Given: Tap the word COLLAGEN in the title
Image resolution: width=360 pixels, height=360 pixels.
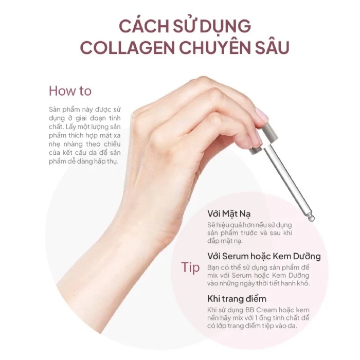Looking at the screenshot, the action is (127, 48).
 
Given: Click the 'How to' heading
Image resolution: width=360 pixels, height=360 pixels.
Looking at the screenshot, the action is (70, 91).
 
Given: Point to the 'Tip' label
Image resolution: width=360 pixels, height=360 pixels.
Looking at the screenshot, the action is (190, 267).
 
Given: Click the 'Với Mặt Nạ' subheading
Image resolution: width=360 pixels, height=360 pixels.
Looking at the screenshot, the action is (229, 214).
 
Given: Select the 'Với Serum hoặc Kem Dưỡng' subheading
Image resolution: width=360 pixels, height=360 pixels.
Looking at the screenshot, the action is (264, 256).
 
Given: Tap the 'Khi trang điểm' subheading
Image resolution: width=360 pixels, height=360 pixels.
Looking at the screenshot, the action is (237, 299).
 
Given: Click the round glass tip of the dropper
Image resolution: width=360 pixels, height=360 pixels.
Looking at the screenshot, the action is (311, 218).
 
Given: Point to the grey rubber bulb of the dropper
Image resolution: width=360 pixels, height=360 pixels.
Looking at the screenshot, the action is (269, 131).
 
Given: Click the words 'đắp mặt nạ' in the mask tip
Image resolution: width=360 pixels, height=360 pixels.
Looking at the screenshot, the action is (225, 241).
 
